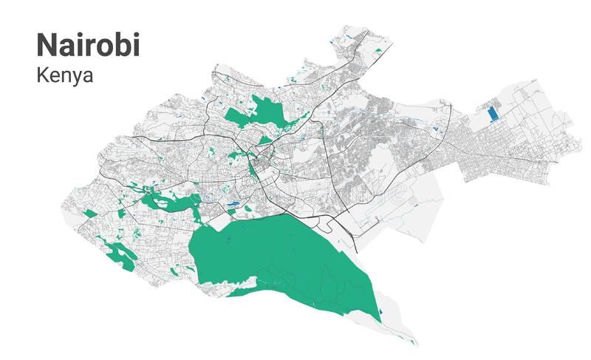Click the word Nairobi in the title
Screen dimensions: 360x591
coord(87,44)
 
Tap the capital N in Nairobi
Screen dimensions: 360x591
coord(47,44)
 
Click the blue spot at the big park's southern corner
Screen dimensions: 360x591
coord(381,316)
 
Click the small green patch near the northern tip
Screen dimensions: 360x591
coord(378,50)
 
